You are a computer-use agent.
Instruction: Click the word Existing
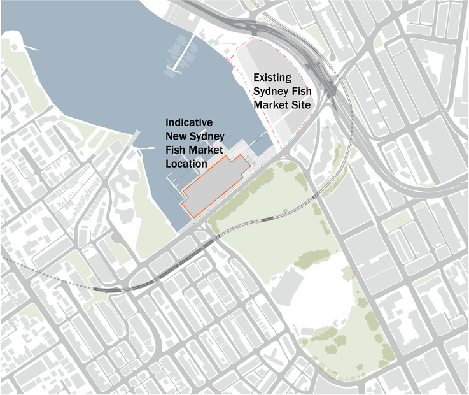[272, 78]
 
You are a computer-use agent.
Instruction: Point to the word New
[177, 136]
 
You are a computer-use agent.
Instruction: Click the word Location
[186, 164]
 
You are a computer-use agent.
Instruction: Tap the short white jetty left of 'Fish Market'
[146, 148]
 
